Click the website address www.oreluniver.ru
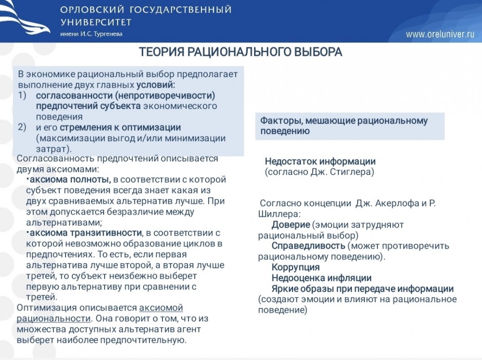(440, 34)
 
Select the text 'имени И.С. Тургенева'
(92, 34)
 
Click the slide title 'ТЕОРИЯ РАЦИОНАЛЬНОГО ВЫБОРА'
(241, 52)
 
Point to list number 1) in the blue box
(23, 95)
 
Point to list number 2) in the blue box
(23, 128)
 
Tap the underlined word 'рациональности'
(53, 319)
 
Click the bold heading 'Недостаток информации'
(320, 161)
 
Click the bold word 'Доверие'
(291, 225)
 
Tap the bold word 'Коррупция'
(295, 267)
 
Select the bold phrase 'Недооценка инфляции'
(321, 278)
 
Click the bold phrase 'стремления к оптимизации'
(120, 128)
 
